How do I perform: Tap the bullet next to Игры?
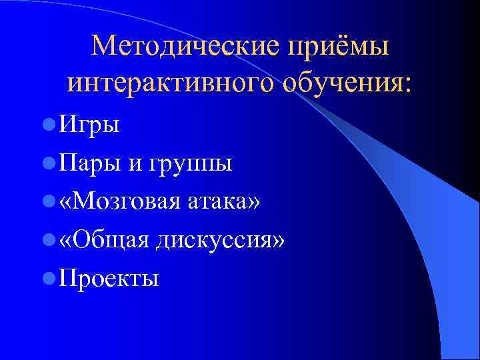47,123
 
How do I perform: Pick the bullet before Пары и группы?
47,162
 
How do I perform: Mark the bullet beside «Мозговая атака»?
47,201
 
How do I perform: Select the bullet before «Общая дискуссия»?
47,239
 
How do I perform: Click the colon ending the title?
408,85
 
